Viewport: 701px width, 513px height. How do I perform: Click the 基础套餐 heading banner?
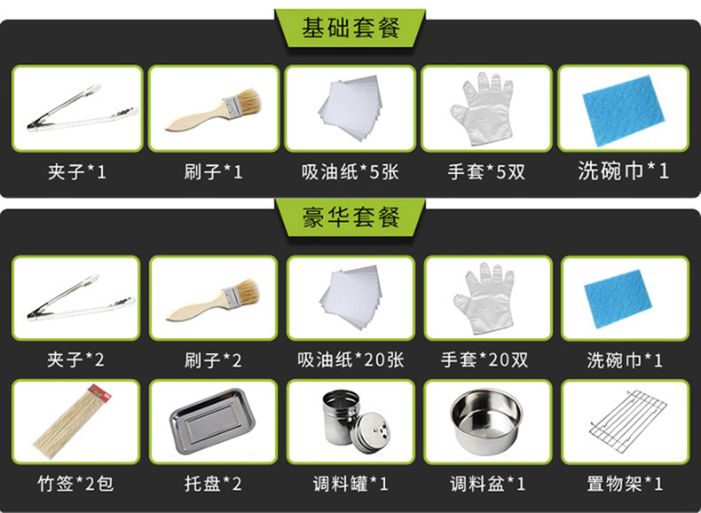tap(350, 28)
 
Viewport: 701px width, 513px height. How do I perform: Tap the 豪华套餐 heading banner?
tap(350, 217)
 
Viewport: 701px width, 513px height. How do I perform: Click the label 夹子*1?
tap(77, 172)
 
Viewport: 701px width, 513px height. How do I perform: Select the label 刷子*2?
tap(213, 360)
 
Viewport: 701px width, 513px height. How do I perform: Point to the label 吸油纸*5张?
tap(350, 172)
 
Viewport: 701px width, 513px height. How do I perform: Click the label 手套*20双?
tap(484, 360)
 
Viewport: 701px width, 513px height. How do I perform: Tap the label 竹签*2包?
tap(75, 484)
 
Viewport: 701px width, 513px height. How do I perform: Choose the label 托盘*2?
tap(213, 484)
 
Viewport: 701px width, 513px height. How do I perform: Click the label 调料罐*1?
tap(350, 484)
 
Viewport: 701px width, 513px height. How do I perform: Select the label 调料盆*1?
tap(488, 484)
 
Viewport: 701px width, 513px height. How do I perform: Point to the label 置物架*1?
tap(625, 484)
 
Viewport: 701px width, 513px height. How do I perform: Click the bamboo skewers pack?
tap(72, 422)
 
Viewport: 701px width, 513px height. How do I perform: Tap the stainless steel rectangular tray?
tap(212, 422)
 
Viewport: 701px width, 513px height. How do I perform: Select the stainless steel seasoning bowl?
tap(486, 422)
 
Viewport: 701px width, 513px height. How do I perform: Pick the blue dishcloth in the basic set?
tap(623, 110)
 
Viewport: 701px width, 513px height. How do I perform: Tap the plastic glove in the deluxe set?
tap(484, 298)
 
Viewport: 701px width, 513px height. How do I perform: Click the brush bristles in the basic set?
tap(248, 99)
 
